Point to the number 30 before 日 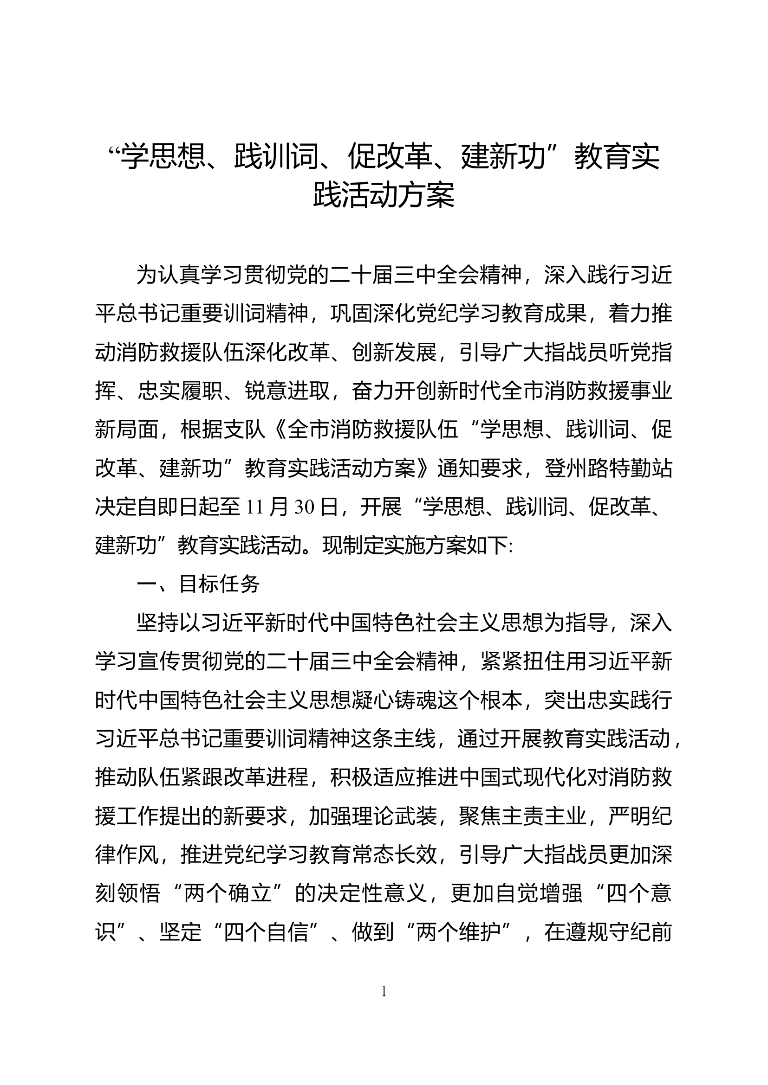pos(304,507)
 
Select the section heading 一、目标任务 pos(199,584)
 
